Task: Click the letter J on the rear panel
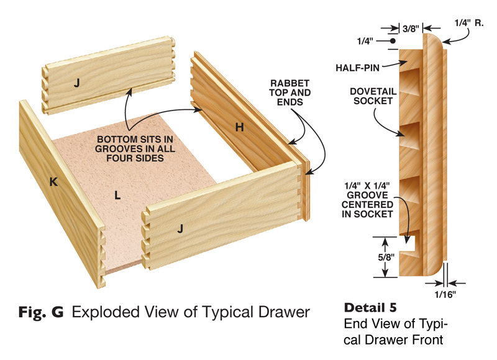pyautogui.click(x=76, y=82)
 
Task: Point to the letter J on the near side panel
pyautogui.click(x=181, y=229)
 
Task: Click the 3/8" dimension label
pyautogui.click(x=411, y=28)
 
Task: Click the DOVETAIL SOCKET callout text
pyautogui.click(x=370, y=96)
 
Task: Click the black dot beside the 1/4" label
pyautogui.click(x=393, y=42)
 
